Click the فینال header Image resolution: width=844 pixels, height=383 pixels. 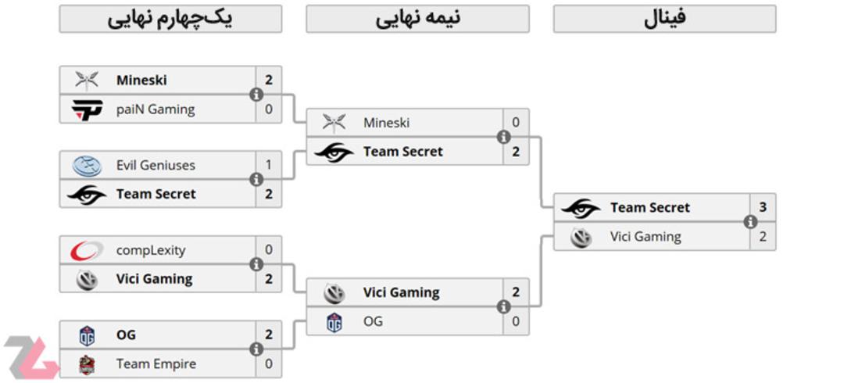coord(665,19)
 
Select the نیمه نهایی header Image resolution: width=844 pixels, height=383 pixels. coord(417,19)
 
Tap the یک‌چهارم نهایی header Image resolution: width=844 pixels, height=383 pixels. coord(170,19)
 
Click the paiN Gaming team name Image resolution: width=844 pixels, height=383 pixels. coord(156,109)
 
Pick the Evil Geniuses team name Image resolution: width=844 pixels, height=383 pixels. coord(156,165)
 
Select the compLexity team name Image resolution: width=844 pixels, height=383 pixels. coord(151,250)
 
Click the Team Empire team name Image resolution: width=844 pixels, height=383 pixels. coord(156,363)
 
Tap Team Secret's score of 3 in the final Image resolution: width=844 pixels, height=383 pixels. coord(763,207)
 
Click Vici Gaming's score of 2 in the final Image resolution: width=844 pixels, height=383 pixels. coord(763,237)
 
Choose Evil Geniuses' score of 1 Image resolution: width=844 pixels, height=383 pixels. coord(269,165)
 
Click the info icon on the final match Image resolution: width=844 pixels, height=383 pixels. coord(750,222)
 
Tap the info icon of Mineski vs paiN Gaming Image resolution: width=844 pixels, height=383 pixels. coord(256,95)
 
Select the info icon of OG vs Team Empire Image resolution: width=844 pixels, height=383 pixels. coord(256,349)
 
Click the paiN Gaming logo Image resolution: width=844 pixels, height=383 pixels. coord(87,110)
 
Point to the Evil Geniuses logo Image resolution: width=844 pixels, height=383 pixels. coord(88,166)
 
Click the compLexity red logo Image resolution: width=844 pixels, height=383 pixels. coord(87,250)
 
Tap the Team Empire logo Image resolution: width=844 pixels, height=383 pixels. coord(87,365)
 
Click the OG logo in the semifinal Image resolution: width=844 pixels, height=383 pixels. coord(334,322)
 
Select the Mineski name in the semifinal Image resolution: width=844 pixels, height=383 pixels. coord(387,123)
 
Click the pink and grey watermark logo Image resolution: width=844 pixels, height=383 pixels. coord(30,357)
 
